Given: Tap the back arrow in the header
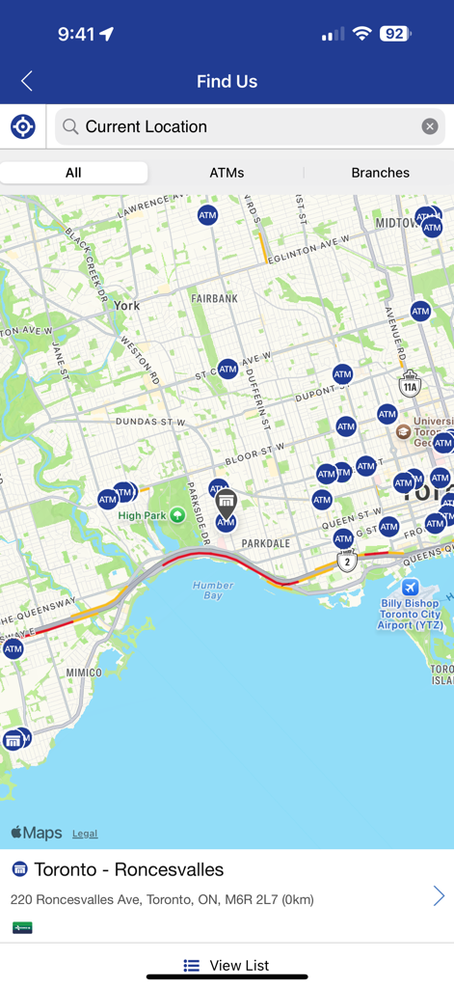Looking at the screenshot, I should tap(27, 81).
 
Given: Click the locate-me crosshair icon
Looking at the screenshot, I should tap(23, 126).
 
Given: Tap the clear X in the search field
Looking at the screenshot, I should tap(430, 126).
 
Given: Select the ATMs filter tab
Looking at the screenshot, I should tap(227, 173).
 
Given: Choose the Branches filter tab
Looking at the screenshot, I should tap(380, 173).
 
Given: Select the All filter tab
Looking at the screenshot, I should tap(73, 173).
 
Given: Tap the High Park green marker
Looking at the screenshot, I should tap(177, 515).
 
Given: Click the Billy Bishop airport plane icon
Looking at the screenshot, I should tap(410, 588).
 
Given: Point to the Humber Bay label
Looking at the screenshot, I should tap(212, 590).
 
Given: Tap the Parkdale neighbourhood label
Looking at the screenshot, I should tap(265, 543).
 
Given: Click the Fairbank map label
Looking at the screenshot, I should tap(214, 299).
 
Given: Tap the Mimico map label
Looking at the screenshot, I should tap(84, 672).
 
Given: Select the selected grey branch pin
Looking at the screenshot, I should tap(226, 500).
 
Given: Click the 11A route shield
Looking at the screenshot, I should tap(411, 384).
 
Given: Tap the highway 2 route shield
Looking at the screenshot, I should tap(347, 561).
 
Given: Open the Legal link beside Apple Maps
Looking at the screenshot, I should tap(85, 834).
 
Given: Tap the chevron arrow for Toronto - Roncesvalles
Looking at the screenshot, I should tap(438, 895).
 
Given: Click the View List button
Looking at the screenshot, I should tap(227, 965).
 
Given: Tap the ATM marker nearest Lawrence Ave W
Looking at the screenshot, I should tap(207, 215).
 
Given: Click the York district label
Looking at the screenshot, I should tap(127, 305).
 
